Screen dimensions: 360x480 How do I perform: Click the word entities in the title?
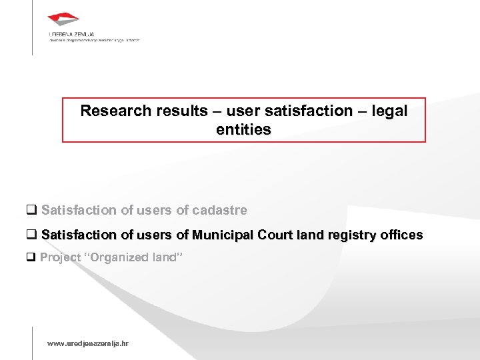point(243,130)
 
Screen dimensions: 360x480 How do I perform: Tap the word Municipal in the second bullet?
point(221,235)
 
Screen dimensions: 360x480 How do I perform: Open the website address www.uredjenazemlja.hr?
point(88,343)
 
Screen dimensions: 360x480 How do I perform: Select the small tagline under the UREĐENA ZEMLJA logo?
point(93,40)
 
